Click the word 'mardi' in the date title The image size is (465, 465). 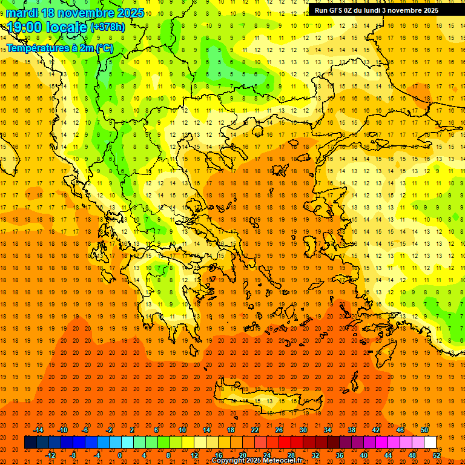[22, 13]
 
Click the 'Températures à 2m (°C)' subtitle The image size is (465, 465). [59, 48]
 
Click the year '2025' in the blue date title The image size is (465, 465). [130, 13]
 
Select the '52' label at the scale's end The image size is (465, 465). [437, 455]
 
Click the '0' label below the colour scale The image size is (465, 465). [119, 455]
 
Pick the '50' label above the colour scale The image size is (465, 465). [424, 430]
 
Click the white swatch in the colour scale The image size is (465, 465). [430, 443]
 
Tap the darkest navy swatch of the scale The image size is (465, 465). [30, 443]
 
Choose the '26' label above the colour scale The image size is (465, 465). [279, 430]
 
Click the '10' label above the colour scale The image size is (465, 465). [182, 430]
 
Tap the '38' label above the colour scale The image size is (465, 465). [352, 430]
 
